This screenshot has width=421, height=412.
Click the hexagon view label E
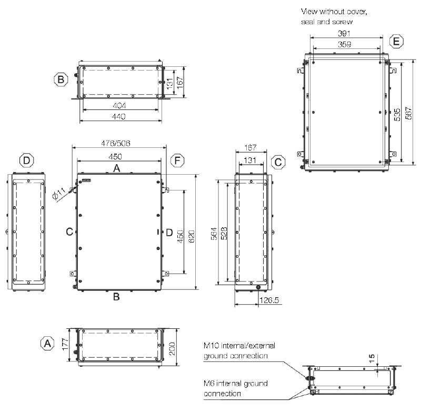396,42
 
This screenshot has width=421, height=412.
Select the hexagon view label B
61,79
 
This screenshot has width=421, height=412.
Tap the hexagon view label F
177,160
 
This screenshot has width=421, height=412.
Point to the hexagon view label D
27,160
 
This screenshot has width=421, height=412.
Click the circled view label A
47,344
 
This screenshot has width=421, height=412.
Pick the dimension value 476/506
116,143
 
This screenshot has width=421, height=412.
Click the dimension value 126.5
269,300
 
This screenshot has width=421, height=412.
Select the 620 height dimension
192,236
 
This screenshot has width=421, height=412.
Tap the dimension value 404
119,105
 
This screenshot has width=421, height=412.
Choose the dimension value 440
119,116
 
